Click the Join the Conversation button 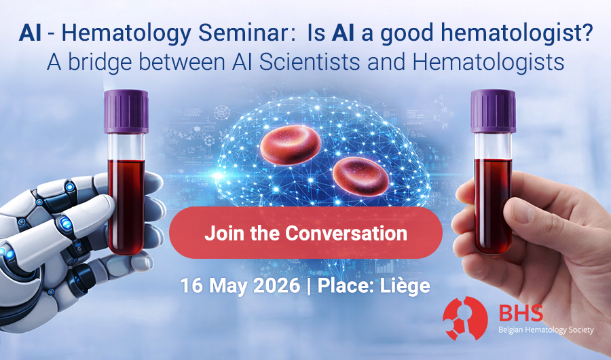305,234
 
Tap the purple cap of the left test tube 126,112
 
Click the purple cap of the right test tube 493,111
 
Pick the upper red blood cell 291,146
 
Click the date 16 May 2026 240,285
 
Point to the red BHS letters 519,312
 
